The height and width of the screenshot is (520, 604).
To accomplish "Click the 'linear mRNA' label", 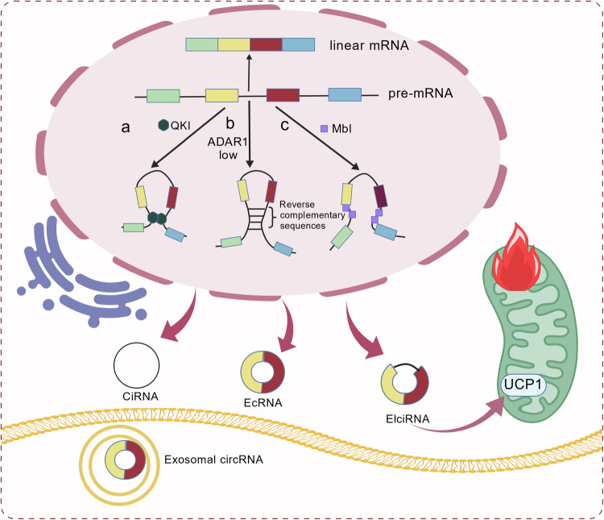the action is click(369, 45).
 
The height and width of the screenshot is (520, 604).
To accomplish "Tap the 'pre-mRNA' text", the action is click(420, 94).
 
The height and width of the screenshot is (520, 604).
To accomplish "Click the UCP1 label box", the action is click(523, 385).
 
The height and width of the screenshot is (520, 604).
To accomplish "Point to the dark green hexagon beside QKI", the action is click(163, 125).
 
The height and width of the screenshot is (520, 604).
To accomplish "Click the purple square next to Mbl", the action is click(325, 128).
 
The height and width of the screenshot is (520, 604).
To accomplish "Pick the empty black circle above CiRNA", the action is click(136, 365).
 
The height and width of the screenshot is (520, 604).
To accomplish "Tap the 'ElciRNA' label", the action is click(407, 419).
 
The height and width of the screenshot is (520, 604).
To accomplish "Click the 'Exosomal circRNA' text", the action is click(213, 460).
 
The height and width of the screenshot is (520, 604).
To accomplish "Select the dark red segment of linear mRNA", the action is click(267, 44).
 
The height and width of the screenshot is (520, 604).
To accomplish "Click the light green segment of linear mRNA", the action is click(202, 44).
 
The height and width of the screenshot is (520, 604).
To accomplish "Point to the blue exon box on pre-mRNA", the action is click(345, 95).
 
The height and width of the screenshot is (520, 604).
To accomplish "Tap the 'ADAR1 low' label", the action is click(228, 148).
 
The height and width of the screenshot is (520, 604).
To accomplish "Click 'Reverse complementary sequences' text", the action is click(312, 215).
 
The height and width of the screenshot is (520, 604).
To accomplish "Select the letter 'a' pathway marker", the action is click(126, 127).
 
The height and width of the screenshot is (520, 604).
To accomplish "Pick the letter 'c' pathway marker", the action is click(284, 126).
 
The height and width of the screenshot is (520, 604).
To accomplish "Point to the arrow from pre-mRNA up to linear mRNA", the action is click(249, 73).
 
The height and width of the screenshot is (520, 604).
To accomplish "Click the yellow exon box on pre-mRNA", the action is click(221, 95).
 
